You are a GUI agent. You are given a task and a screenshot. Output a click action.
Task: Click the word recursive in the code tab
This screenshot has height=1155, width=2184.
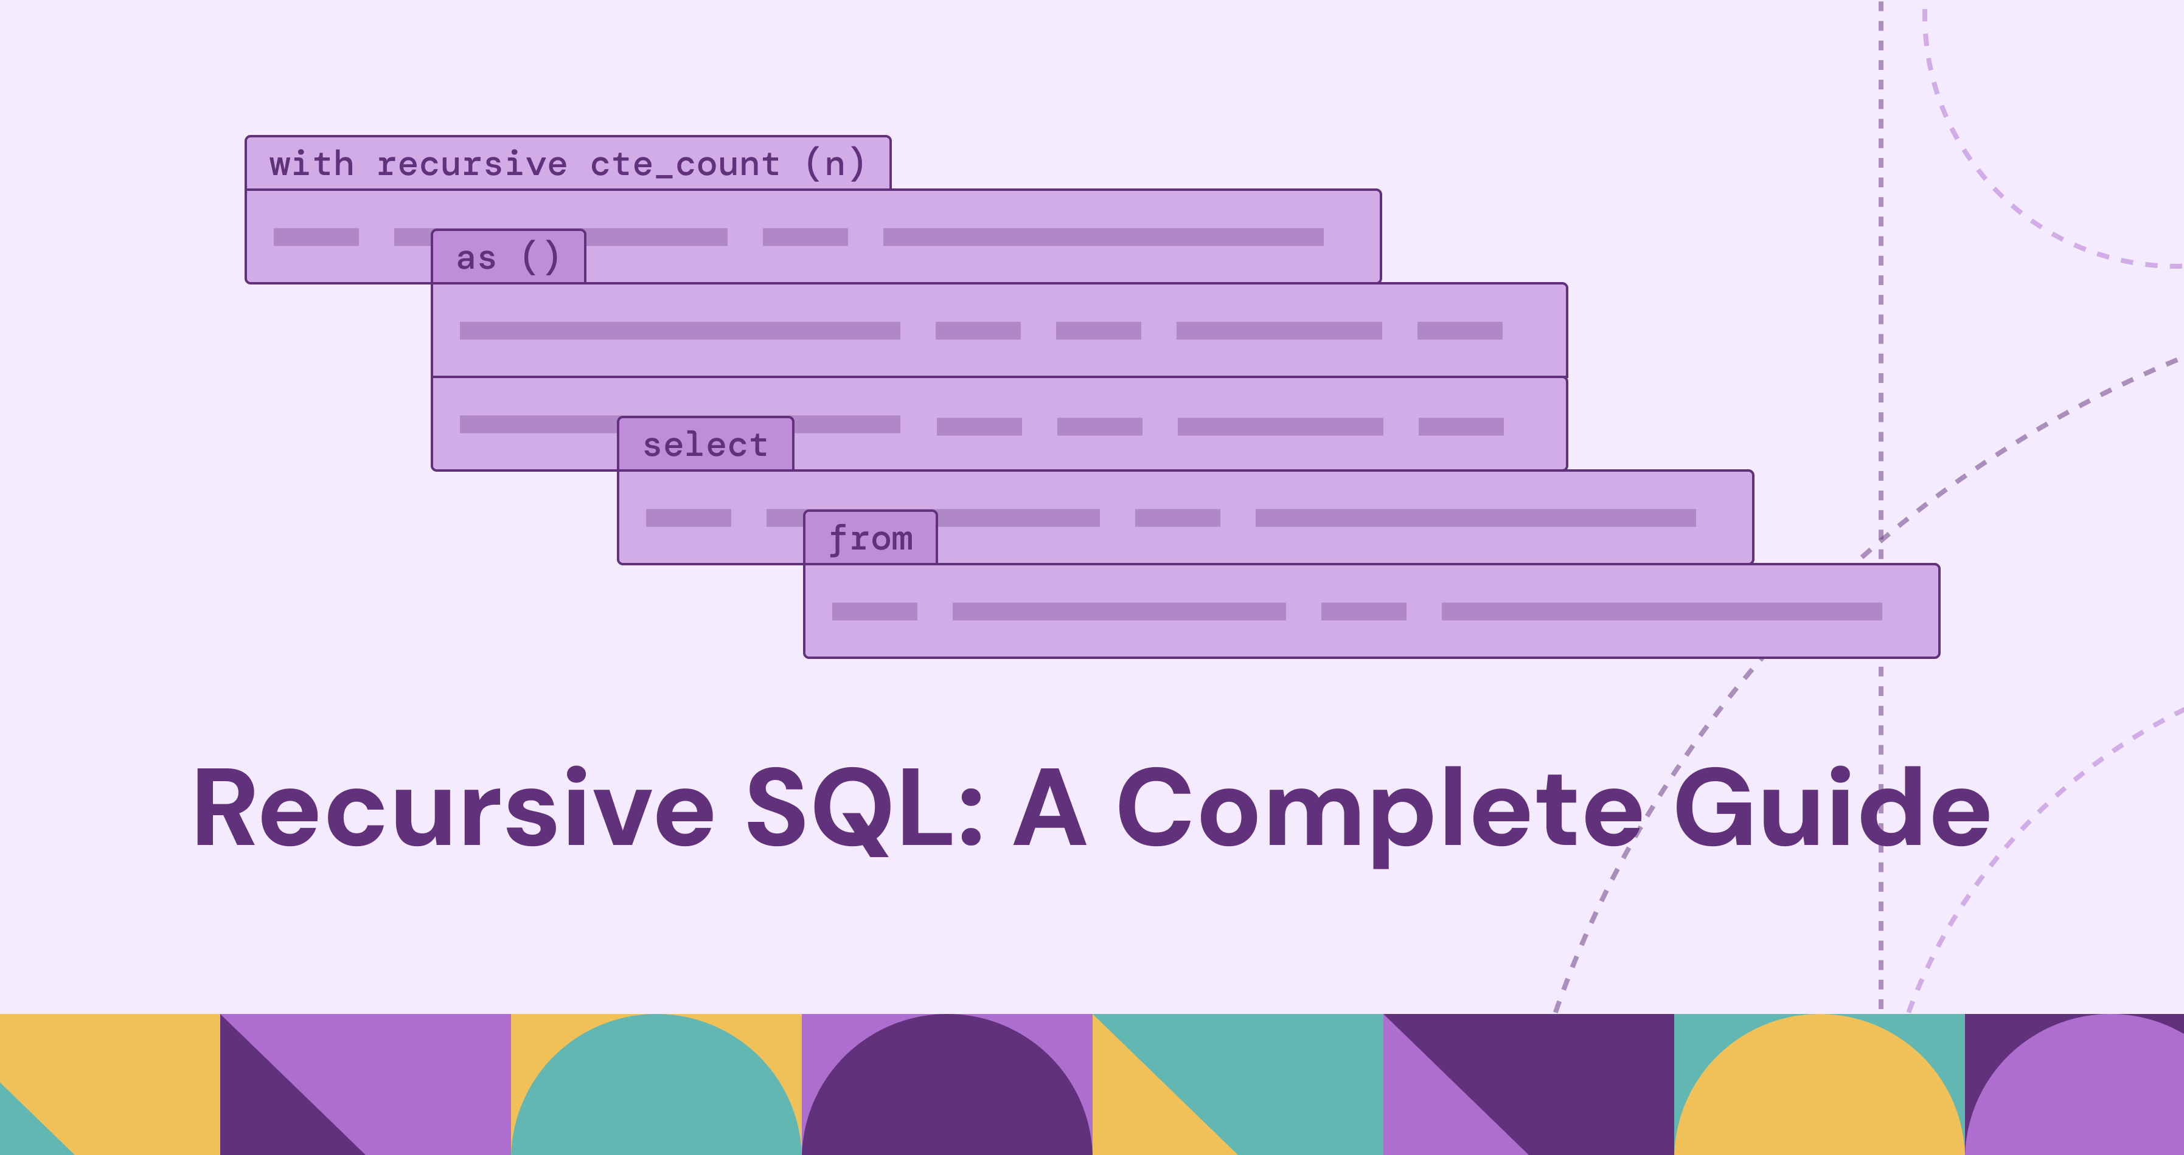(x=471, y=164)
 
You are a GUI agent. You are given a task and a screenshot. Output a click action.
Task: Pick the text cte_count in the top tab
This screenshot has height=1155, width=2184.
(x=685, y=164)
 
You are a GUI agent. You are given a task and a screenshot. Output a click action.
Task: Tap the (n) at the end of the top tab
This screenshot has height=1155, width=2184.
(x=835, y=164)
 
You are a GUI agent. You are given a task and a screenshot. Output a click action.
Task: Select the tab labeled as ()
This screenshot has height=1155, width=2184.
(x=508, y=257)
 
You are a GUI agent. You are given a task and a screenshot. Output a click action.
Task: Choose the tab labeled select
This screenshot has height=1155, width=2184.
(x=706, y=444)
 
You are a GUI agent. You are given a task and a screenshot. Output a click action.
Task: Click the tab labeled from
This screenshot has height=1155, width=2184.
(x=871, y=538)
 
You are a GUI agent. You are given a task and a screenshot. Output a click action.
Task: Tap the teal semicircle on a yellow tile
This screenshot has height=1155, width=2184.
(x=656, y=1093)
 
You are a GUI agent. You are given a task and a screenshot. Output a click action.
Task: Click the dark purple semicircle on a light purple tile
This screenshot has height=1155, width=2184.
(x=947, y=1093)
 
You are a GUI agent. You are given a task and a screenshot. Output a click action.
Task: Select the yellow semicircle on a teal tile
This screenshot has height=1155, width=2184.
(x=1820, y=1093)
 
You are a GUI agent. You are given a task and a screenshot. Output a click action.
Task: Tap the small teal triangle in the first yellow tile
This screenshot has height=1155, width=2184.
(x=21, y=1131)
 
